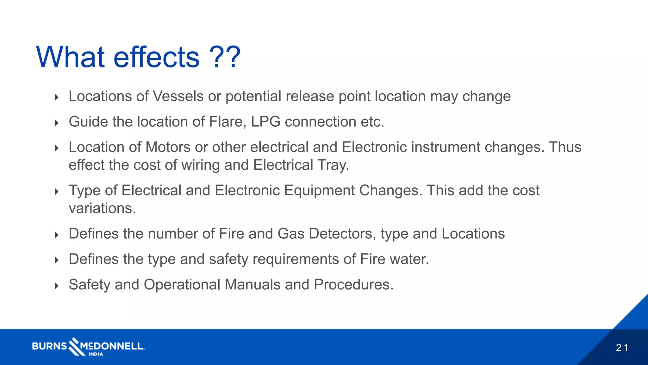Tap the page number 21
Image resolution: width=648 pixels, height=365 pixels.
coord(622,348)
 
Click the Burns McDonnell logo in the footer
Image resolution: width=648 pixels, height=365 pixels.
coord(88,346)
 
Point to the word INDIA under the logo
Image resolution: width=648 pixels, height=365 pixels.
coord(96,354)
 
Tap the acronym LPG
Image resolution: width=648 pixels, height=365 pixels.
coord(265,122)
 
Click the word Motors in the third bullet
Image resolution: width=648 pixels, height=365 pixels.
coord(168,147)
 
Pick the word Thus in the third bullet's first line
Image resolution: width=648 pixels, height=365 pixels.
coord(565,147)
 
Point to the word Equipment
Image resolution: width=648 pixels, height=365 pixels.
coord(319,191)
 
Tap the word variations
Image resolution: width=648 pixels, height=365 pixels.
coord(102,208)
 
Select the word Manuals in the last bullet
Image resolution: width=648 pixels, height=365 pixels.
coord(252,285)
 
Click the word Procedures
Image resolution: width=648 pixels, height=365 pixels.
coord(353,285)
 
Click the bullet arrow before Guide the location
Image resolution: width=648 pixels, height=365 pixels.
coord(57,123)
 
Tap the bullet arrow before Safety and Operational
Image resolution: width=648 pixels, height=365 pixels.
coord(57,286)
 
